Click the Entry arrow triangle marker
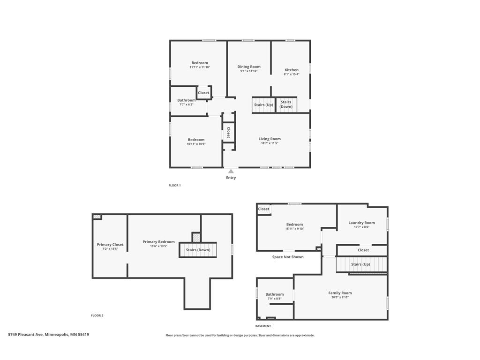pyautogui.click(x=231, y=171)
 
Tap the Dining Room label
pyautogui.click(x=249, y=67)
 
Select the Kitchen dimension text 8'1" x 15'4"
pyautogui.click(x=292, y=74)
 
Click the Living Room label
pyautogui.click(x=270, y=139)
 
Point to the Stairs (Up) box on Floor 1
pyautogui.click(x=263, y=105)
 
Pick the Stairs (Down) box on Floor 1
pyautogui.click(x=286, y=105)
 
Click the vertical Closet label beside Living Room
pyautogui.click(x=228, y=132)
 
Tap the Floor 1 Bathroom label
pyautogui.click(x=186, y=100)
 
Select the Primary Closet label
pyautogui.click(x=110, y=245)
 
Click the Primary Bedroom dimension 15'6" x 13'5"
pyautogui.click(x=158, y=246)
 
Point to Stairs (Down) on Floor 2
pyautogui.click(x=198, y=250)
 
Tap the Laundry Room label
pyautogui.click(x=361, y=223)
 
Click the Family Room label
pyautogui.click(x=340, y=293)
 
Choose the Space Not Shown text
pyautogui.click(x=288, y=257)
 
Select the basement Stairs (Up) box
pyautogui.click(x=361, y=264)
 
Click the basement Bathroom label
pyautogui.click(x=274, y=294)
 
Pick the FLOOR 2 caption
pyautogui.click(x=97, y=315)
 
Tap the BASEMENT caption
pyautogui.click(x=263, y=326)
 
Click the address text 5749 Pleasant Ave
pyautogui.click(x=25, y=335)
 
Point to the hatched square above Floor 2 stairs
pyautogui.click(x=196, y=237)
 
